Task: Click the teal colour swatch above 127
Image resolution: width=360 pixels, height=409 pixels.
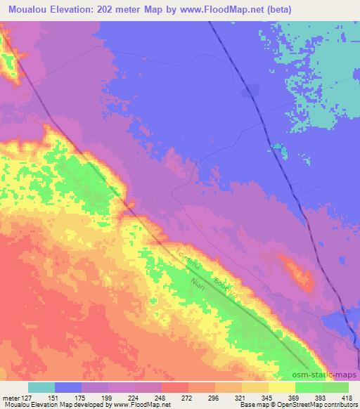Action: pyautogui.click(x=41, y=387)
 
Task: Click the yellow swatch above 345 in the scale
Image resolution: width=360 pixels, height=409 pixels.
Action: pyautogui.click(x=255, y=387)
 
